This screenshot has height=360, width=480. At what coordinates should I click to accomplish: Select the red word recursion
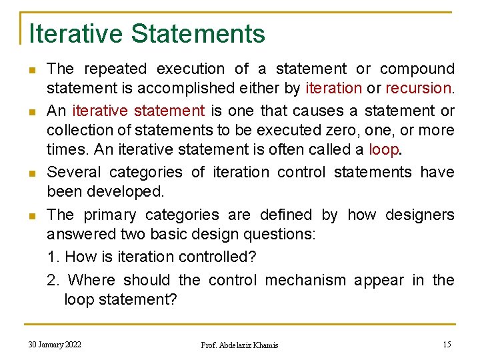click(x=419, y=88)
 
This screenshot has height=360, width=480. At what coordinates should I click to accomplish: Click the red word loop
click(x=383, y=150)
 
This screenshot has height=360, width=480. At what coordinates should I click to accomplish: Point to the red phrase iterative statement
click(x=138, y=110)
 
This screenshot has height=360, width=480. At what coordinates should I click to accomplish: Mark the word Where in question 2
click(x=93, y=280)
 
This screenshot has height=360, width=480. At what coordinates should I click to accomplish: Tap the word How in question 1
click(x=81, y=257)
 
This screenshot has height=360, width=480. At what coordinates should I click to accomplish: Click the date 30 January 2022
click(x=55, y=344)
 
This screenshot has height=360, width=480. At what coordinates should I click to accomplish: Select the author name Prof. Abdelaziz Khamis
click(x=239, y=345)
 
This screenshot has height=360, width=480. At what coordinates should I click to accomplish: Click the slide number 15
click(x=447, y=344)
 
